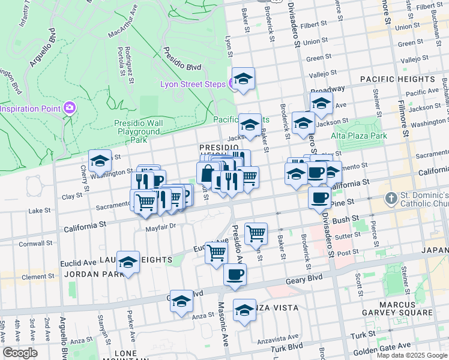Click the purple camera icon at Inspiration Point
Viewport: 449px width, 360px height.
click(x=70, y=108)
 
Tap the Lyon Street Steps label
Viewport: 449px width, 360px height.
click(x=192, y=84)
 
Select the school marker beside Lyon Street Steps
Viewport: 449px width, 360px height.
click(x=243, y=79)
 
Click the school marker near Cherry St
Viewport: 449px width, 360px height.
click(x=100, y=161)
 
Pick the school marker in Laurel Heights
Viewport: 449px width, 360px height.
click(x=128, y=263)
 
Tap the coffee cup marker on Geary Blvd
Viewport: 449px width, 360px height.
click(x=235, y=275)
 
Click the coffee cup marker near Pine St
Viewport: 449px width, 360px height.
click(x=319, y=197)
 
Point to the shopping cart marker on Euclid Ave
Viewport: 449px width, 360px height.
click(x=216, y=253)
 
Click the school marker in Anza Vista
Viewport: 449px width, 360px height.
click(x=244, y=311)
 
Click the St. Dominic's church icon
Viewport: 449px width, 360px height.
click(x=391, y=198)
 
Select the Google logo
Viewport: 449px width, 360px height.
click(x=20, y=353)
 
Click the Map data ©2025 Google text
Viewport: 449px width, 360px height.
click(x=412, y=355)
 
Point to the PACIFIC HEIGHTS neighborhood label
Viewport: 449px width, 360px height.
click(x=397, y=79)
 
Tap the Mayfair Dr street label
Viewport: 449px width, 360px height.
click(x=160, y=227)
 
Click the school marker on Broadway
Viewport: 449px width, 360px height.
click(x=321, y=104)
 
